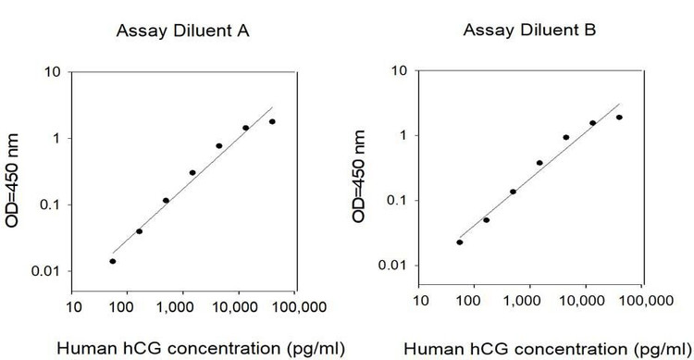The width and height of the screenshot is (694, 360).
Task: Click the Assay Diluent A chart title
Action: pyautogui.click(x=183, y=31)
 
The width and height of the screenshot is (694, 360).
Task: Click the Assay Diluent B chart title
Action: pyautogui.click(x=530, y=31)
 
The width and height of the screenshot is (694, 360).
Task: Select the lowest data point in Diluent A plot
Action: pyautogui.click(x=113, y=261)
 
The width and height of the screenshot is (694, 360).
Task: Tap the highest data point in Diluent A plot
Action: pyautogui.click(x=272, y=122)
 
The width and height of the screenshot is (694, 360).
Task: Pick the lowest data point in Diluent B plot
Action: pyautogui.click(x=460, y=242)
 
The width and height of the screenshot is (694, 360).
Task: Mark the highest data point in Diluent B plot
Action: pyautogui.click(x=619, y=118)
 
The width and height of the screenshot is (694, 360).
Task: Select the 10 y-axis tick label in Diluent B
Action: pyautogui.click(x=400, y=70)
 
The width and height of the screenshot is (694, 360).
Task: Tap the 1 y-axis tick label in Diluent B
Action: pyautogui.click(x=403, y=135)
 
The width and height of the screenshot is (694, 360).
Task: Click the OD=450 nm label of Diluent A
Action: pyautogui.click(x=12, y=180)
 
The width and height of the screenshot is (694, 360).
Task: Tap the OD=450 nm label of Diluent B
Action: pyautogui.click(x=359, y=176)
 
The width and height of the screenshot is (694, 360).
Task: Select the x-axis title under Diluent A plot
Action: pyautogui.click(x=201, y=349)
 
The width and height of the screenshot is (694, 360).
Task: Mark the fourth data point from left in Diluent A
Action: pyautogui.click(x=192, y=173)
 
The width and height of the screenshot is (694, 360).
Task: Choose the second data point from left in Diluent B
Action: pyautogui.click(x=487, y=220)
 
